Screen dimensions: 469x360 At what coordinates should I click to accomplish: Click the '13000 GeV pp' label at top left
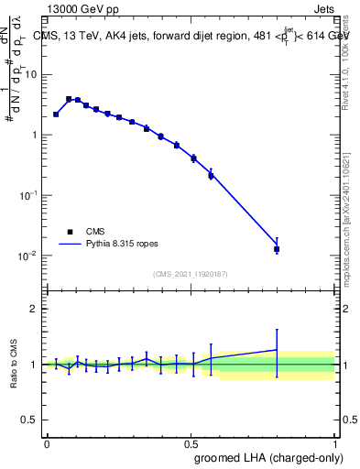82,10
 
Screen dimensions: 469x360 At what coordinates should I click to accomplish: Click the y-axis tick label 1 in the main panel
35,136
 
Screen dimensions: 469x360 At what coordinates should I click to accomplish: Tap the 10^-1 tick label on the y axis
28,195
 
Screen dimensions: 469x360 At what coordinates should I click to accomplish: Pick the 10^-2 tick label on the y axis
28,256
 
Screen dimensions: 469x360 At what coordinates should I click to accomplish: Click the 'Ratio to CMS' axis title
14,364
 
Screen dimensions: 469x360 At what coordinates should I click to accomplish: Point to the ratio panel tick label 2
35,309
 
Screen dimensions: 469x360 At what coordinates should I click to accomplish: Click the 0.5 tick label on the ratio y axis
30,420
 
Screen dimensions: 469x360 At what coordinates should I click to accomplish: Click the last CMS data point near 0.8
277,248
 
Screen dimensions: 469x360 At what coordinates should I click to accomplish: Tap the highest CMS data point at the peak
69,99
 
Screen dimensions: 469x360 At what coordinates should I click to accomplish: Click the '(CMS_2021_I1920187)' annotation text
191,273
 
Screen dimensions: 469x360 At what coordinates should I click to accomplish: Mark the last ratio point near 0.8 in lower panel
277,350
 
